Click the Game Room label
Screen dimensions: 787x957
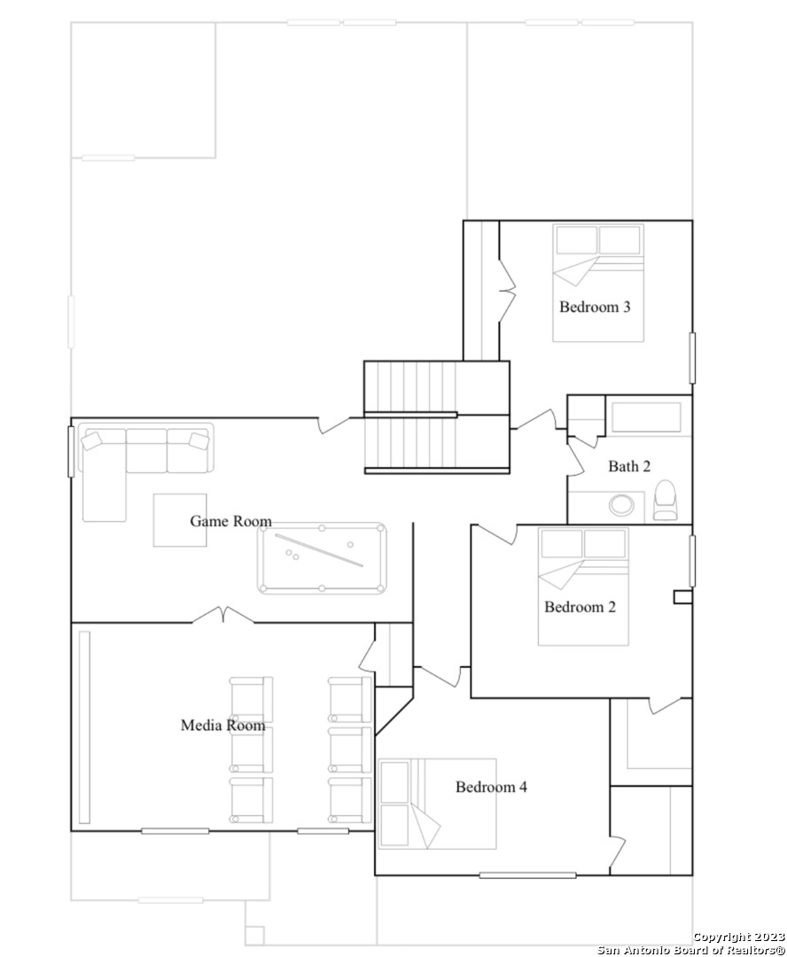coord(230,521)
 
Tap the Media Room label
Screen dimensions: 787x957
coord(222,725)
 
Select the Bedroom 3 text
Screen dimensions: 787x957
coord(595,307)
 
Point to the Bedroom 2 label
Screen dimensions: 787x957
coord(580,607)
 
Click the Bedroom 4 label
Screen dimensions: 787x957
coord(491,787)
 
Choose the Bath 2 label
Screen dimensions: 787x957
coord(629,466)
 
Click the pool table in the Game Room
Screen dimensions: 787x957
coord(322,558)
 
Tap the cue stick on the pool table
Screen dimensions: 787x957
coord(319,550)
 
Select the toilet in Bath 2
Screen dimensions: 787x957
coord(665,500)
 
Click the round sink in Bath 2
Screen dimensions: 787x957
coord(621,505)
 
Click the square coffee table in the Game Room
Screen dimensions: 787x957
coord(180,520)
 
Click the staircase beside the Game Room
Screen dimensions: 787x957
coord(437,417)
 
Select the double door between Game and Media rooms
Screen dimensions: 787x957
coord(223,615)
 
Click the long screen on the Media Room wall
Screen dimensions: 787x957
coord(84,727)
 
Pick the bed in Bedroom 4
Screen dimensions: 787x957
coord(437,803)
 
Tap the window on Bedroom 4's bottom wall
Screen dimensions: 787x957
coord(527,875)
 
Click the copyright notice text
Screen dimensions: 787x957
coord(691,943)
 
